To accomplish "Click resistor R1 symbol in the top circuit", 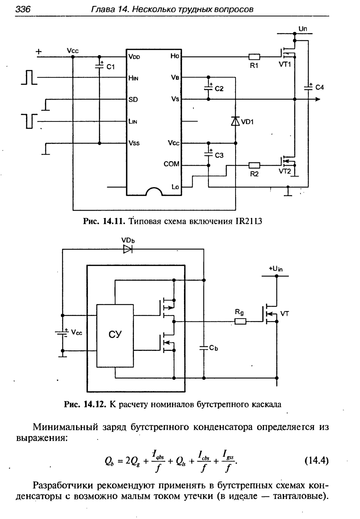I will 254,57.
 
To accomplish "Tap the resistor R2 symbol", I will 254,165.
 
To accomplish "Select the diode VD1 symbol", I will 235,121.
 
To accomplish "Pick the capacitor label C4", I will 319,88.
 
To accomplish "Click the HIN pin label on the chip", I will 133,78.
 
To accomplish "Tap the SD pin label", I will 133,100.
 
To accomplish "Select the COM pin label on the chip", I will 172,164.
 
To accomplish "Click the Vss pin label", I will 134,143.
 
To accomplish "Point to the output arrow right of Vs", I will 317,100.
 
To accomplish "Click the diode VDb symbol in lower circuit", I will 128,249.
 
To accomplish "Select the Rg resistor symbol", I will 240,322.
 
